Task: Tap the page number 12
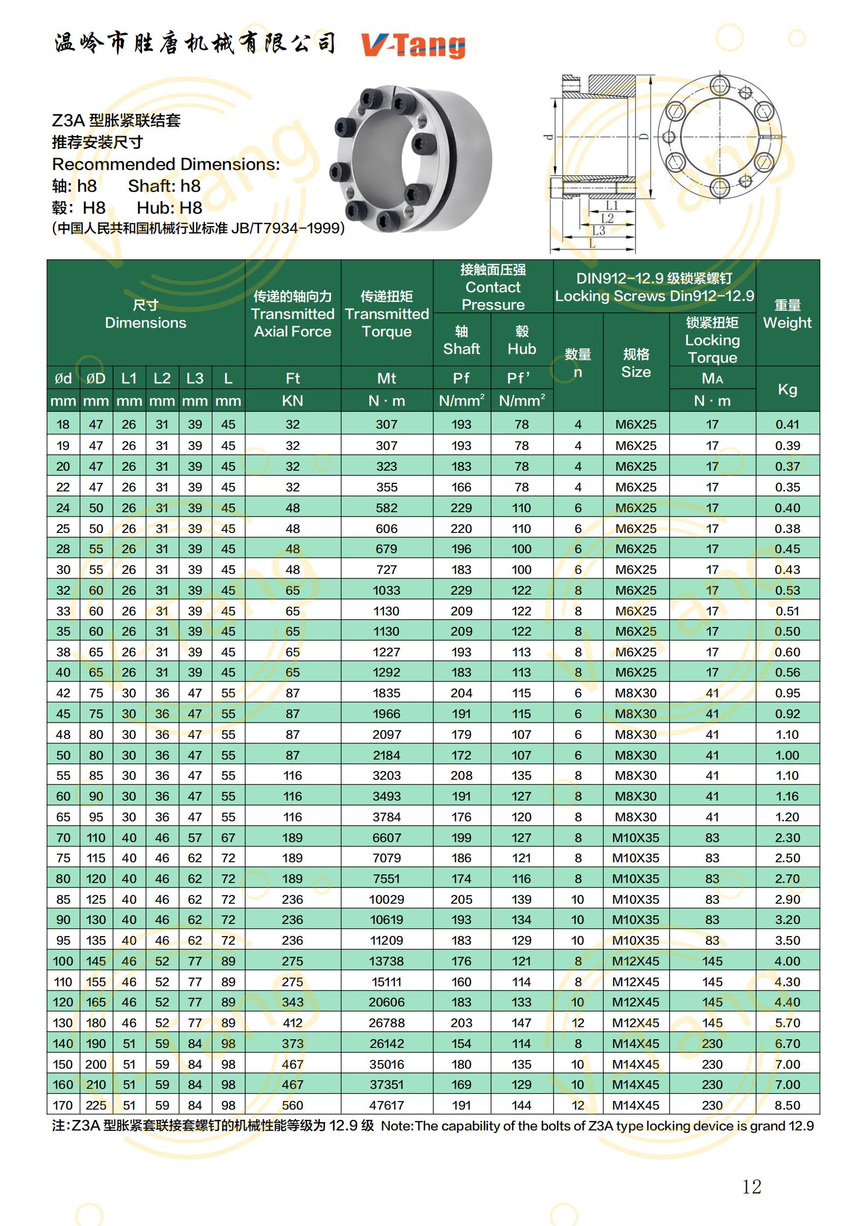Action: (x=751, y=1186)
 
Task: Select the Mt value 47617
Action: (x=386, y=1105)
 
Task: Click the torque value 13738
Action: (x=386, y=961)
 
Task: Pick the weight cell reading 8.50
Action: (x=787, y=1105)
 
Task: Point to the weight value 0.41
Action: (x=787, y=424)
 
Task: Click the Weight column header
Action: (x=787, y=313)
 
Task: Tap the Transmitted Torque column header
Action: (x=386, y=313)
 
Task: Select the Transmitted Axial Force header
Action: (x=292, y=313)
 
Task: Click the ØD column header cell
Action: (x=96, y=378)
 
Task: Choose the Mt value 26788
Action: (x=386, y=1022)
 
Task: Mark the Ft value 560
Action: (x=292, y=1105)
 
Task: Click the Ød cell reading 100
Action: (x=63, y=961)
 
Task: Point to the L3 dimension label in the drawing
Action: (x=599, y=230)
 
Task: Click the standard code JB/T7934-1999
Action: (x=287, y=228)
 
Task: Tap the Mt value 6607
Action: (x=386, y=837)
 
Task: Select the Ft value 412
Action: (x=292, y=1022)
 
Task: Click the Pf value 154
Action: (x=461, y=1043)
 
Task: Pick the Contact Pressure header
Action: (x=493, y=287)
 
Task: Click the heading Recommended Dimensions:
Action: (x=166, y=164)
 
